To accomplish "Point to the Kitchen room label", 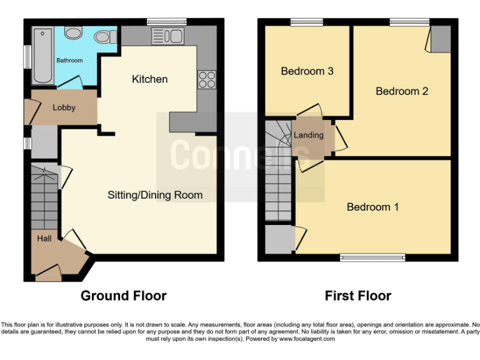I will [x=149, y=79].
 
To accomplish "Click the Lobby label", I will [x=64, y=107].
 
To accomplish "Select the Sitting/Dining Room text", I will [x=155, y=195].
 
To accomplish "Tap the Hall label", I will [x=44, y=238].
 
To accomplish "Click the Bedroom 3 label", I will [x=307, y=71].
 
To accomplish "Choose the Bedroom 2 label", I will [x=401, y=91].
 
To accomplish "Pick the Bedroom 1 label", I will [x=372, y=207].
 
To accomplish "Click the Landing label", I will [x=309, y=135].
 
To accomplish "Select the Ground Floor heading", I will [x=123, y=296].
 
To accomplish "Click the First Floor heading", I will [x=357, y=296].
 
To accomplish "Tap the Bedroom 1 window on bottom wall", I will [x=372, y=256].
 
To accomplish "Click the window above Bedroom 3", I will [x=306, y=22].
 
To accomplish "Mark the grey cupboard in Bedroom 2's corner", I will [x=441, y=39].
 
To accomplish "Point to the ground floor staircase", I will [x=44, y=197].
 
